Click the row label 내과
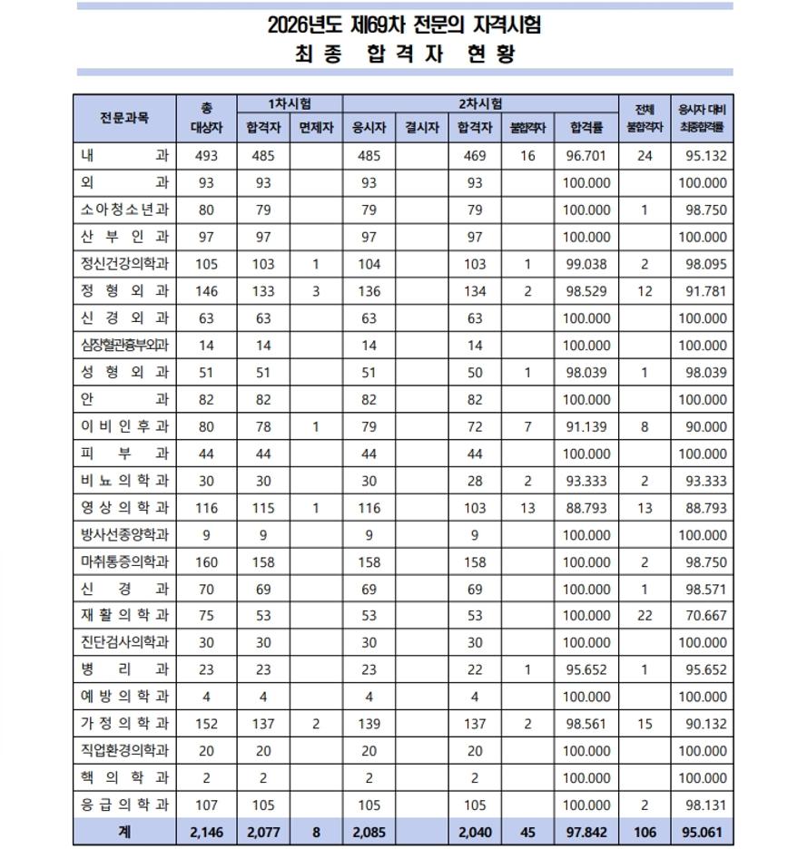125,156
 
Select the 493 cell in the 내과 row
206,156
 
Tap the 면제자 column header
315,128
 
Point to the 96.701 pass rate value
586,156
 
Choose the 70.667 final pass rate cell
703,616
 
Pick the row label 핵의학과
125,778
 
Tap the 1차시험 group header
289,104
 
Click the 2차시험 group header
481,104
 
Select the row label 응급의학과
125,805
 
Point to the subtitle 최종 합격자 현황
405,54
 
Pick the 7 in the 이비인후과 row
528,426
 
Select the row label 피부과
125,454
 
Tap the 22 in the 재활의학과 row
645,616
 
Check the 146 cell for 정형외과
206,291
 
